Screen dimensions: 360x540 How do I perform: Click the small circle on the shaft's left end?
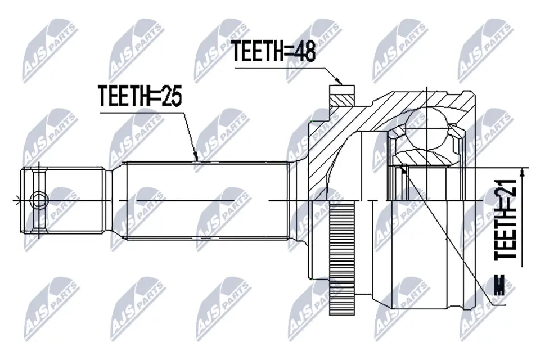point(38,199)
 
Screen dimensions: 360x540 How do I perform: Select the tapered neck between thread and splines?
point(116,200)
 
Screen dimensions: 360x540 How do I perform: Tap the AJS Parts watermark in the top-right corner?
point(483,47)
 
